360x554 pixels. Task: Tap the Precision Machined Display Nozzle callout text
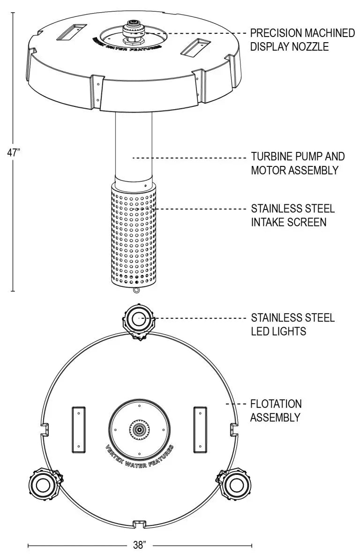point(302,40)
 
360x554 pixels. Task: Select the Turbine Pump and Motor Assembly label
point(298,163)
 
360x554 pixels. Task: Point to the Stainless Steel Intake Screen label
point(293,215)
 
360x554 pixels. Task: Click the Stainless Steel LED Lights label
point(293,324)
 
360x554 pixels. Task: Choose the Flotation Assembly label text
point(276,410)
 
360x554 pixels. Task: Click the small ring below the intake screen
point(136,290)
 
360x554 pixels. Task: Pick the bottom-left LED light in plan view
point(43,483)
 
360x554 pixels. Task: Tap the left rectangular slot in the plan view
point(78,429)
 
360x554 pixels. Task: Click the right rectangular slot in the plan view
point(200,429)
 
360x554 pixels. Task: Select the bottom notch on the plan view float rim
point(139,522)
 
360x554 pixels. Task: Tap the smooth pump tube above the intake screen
point(134,145)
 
